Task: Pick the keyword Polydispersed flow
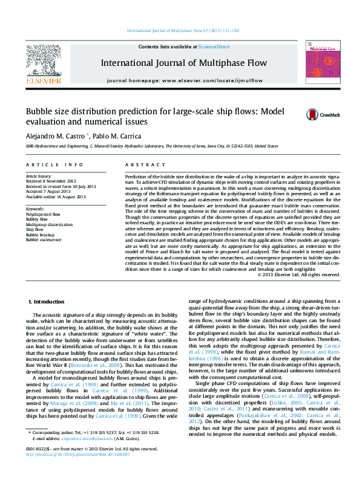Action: (43, 214)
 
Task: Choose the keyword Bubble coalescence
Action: (44, 239)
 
